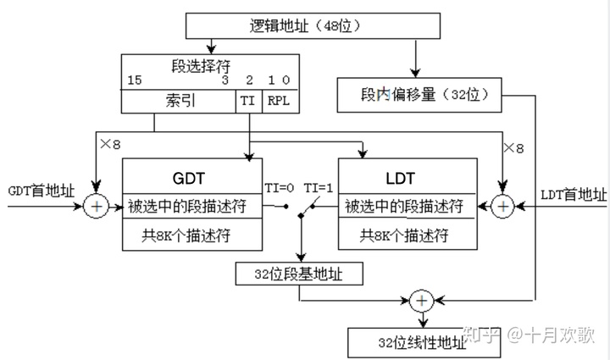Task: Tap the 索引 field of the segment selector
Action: (180, 101)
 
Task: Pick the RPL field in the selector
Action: (279, 101)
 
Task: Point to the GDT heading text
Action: (187, 179)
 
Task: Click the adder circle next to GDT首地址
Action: (97, 206)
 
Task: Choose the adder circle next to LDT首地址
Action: (503, 206)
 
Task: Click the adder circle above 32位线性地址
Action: (421, 301)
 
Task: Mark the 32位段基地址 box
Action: (300, 274)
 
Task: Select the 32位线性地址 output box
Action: (408, 341)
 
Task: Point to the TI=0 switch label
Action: (279, 187)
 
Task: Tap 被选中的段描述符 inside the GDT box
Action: (189, 207)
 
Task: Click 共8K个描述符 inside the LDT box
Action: (404, 235)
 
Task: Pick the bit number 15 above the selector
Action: (134, 80)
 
